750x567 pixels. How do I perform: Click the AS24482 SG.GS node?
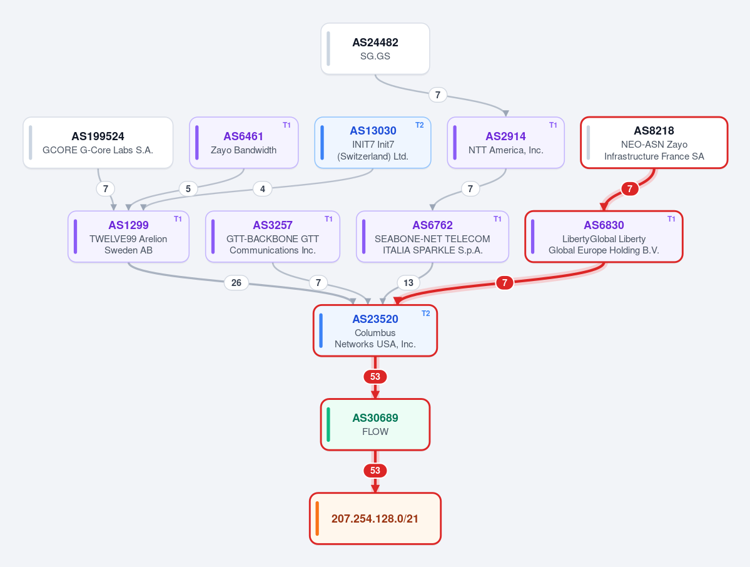pos(375,49)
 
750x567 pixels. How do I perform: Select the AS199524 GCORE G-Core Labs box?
pos(98,143)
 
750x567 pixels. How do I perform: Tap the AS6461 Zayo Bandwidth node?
pos(244,143)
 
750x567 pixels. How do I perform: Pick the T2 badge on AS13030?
pos(420,125)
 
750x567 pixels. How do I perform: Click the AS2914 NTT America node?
pos(505,143)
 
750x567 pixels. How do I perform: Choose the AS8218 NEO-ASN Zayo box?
pos(654,143)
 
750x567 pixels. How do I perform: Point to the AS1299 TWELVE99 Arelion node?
pos(128,237)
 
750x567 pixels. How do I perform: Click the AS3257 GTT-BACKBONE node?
pos(273,237)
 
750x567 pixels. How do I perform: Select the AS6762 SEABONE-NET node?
pos(432,237)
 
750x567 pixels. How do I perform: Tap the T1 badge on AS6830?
pos(672,218)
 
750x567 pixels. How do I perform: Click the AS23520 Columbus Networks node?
pos(375,330)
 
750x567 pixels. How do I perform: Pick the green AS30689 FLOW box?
pos(375,424)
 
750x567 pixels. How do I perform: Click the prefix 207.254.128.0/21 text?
pos(375,519)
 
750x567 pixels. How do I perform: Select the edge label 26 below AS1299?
pos(236,283)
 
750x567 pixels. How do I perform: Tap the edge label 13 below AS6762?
pos(408,283)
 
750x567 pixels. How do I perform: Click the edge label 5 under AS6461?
pos(188,189)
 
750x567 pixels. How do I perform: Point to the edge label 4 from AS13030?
pos(263,189)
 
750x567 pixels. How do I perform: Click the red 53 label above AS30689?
pos(375,377)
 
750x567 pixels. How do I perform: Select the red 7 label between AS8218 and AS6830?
pos(630,189)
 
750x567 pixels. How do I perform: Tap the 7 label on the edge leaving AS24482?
pos(438,94)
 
